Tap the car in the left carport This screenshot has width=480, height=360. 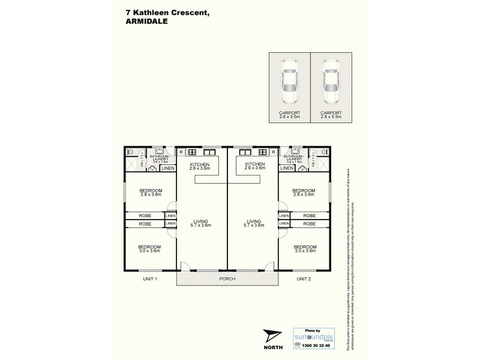coord(289,82)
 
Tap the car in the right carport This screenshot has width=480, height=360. coord(331,82)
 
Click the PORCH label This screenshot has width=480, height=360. coord(226,278)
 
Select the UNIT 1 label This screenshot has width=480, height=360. coord(149,279)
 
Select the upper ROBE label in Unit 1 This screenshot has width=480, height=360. coord(144,215)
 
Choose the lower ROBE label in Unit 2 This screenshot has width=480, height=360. coord(310,223)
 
